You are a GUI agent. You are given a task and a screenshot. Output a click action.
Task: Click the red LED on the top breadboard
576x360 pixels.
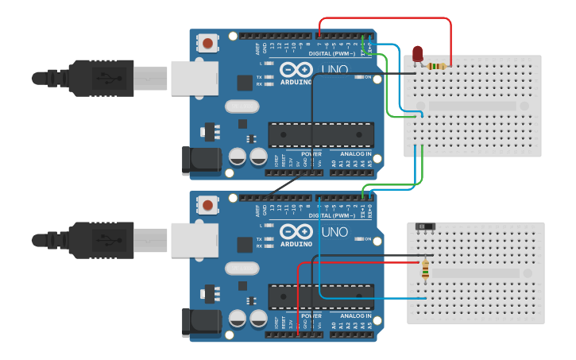click(418, 54)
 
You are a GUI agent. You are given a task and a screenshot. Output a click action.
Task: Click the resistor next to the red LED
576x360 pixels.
click(436, 66)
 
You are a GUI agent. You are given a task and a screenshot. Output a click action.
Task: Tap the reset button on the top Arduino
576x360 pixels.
click(208, 44)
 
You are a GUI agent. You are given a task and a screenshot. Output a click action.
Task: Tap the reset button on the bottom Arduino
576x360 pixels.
click(208, 205)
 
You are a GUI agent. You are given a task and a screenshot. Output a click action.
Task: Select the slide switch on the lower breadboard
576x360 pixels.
click(426, 226)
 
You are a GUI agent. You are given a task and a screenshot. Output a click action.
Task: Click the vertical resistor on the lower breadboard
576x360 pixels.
click(425, 270)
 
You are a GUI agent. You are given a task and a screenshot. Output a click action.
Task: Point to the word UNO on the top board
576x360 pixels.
click(334, 70)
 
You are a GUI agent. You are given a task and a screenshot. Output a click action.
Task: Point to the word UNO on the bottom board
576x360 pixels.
click(334, 231)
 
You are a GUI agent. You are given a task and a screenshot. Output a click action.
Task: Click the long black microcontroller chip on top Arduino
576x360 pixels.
click(321, 134)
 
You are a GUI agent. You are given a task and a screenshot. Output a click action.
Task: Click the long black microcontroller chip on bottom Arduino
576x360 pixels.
click(321, 296)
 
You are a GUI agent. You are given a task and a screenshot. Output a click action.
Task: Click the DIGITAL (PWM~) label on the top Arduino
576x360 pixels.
click(332, 54)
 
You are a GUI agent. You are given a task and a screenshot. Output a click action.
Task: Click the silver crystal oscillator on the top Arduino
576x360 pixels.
click(242, 106)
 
